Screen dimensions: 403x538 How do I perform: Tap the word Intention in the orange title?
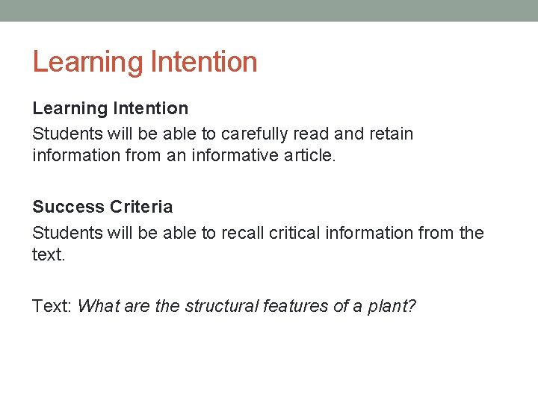pyautogui.click(x=203, y=62)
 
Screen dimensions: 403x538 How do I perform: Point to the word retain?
pyautogui.click(x=388, y=134)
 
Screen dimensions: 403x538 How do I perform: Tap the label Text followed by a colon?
pyautogui.click(x=52, y=306)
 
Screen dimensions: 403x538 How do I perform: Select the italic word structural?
pyautogui.click(x=221, y=306)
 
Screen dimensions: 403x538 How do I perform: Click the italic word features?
pyautogui.click(x=294, y=306)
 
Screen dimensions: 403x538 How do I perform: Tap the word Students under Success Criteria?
pyautogui.click(x=67, y=233)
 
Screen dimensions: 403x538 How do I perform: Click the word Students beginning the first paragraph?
pyautogui.click(x=67, y=134)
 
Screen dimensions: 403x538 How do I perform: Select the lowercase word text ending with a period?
pyautogui.click(x=49, y=255)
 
